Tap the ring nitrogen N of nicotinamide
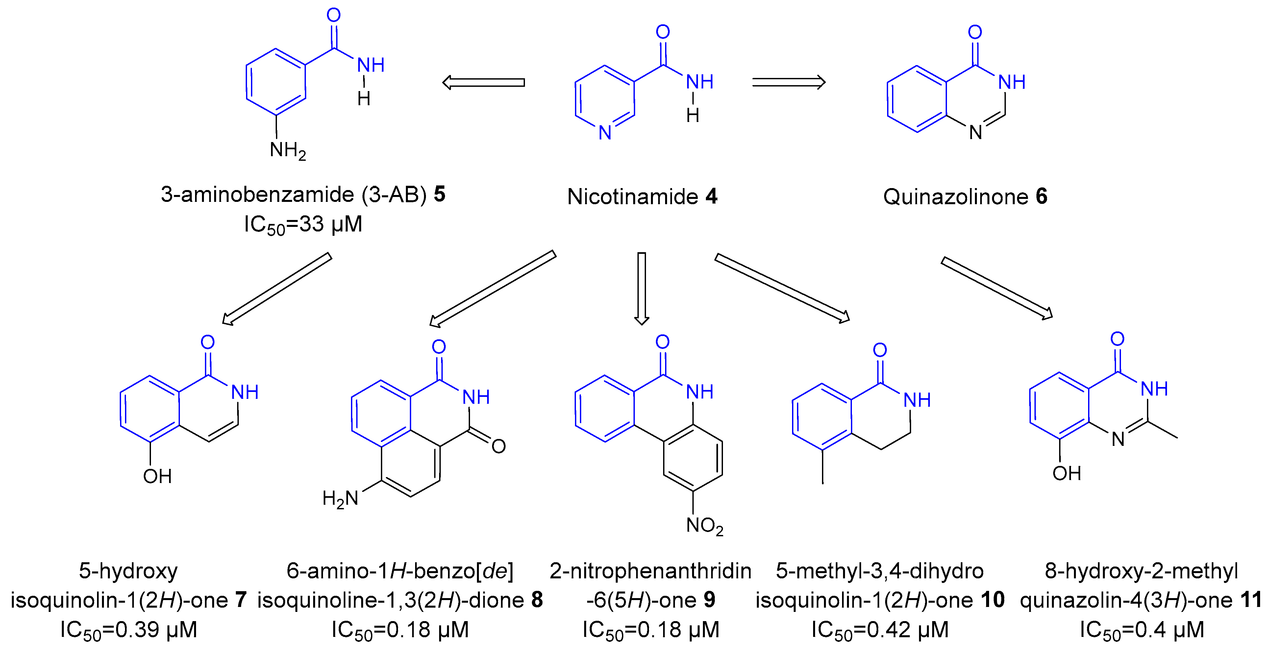[605, 133]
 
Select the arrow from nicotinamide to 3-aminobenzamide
[484, 82]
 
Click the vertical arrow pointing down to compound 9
[641, 288]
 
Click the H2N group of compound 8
[340, 498]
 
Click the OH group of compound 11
[1067, 473]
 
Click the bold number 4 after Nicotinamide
[711, 196]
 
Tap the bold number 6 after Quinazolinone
[1042, 196]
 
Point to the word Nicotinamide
[633, 196]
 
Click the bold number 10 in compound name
[993, 600]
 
